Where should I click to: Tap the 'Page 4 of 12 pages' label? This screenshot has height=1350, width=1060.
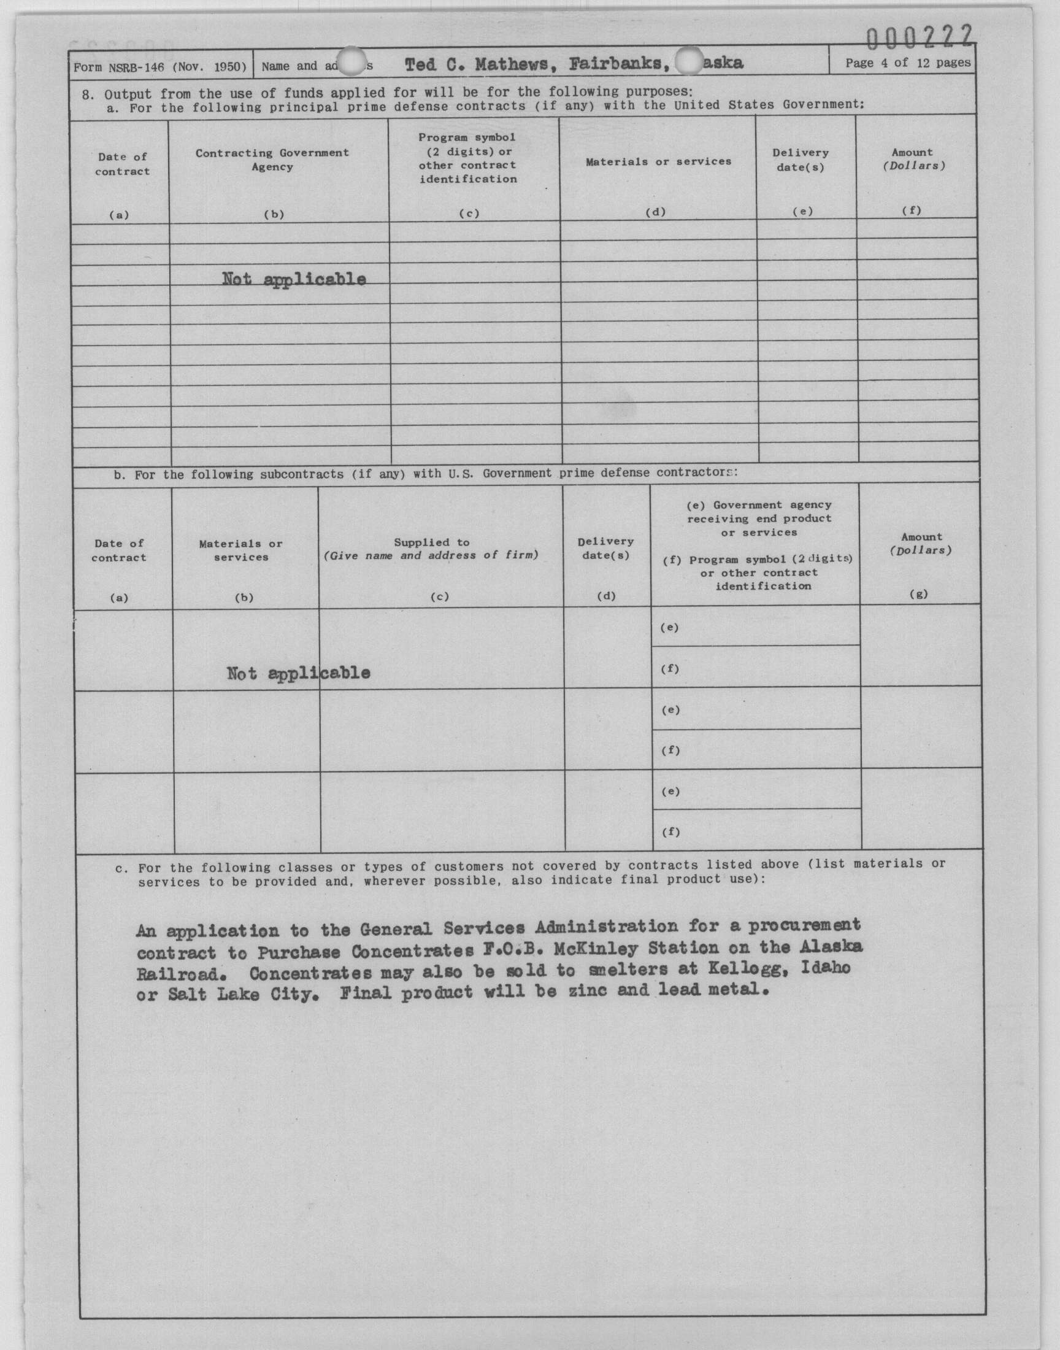coord(907,63)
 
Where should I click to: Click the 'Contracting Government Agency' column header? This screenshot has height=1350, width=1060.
coord(272,160)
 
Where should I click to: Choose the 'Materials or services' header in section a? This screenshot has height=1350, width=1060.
coord(658,161)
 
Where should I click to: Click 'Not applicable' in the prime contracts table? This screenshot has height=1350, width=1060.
coord(294,279)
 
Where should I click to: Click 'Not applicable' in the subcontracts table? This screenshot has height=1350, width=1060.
coord(298,673)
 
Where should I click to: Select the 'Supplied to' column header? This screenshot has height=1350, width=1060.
coord(432,542)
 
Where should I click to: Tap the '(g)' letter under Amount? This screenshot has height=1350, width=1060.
coord(918,594)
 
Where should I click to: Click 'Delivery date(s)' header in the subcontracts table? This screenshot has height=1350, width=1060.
coord(605,549)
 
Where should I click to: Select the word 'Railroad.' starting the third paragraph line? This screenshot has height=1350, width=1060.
coord(177,974)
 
